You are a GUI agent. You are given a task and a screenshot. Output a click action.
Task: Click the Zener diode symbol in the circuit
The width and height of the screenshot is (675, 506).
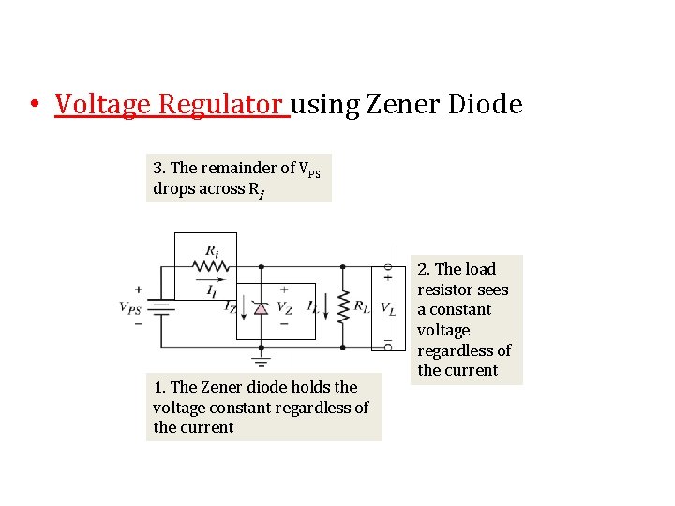pyautogui.click(x=261, y=306)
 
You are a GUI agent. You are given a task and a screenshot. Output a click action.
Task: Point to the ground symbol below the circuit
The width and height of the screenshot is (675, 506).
pyautogui.click(x=261, y=360)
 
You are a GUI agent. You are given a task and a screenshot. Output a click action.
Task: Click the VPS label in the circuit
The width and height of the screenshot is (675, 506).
pyautogui.click(x=132, y=306)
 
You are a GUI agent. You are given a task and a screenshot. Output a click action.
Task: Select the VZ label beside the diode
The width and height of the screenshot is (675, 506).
pyautogui.click(x=284, y=306)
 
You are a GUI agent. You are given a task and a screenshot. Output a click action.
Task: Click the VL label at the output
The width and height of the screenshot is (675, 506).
pyautogui.click(x=387, y=306)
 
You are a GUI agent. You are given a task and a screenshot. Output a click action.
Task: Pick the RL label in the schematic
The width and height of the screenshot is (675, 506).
pyautogui.click(x=362, y=306)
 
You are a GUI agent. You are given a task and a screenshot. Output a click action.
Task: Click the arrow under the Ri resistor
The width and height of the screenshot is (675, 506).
pyautogui.click(x=212, y=277)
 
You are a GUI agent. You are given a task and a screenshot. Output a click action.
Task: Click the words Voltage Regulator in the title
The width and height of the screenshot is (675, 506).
pyautogui.click(x=171, y=104)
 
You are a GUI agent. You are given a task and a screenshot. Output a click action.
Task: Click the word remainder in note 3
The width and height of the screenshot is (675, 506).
pyautogui.click(x=233, y=169)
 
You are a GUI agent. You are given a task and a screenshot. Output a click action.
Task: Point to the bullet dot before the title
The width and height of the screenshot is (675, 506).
pyautogui.click(x=33, y=104)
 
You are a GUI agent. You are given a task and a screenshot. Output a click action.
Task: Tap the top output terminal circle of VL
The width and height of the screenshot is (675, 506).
pyautogui.click(x=387, y=268)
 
